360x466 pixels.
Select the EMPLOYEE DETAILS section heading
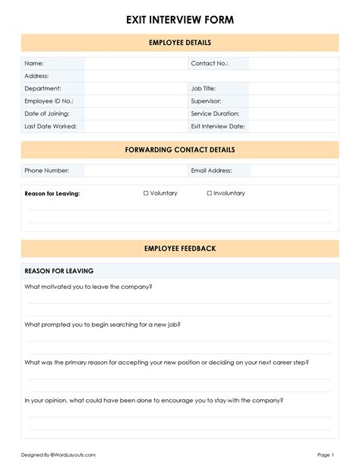pos(180,43)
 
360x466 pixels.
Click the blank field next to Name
pos(135,64)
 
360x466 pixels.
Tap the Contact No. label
pos(210,64)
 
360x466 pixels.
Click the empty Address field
pos(211,76)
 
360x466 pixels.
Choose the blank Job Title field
pos(293,89)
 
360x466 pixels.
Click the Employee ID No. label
pos(49,101)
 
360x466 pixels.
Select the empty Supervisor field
pos(293,101)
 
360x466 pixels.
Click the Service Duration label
pos(216,113)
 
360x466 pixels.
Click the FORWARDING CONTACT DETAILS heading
pos(180,150)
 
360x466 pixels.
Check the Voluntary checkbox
pos(146,194)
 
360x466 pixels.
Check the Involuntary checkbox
pos(210,194)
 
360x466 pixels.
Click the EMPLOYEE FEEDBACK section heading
pos(180,249)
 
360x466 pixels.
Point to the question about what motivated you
pos(88,287)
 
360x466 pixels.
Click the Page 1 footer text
pos(325,455)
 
